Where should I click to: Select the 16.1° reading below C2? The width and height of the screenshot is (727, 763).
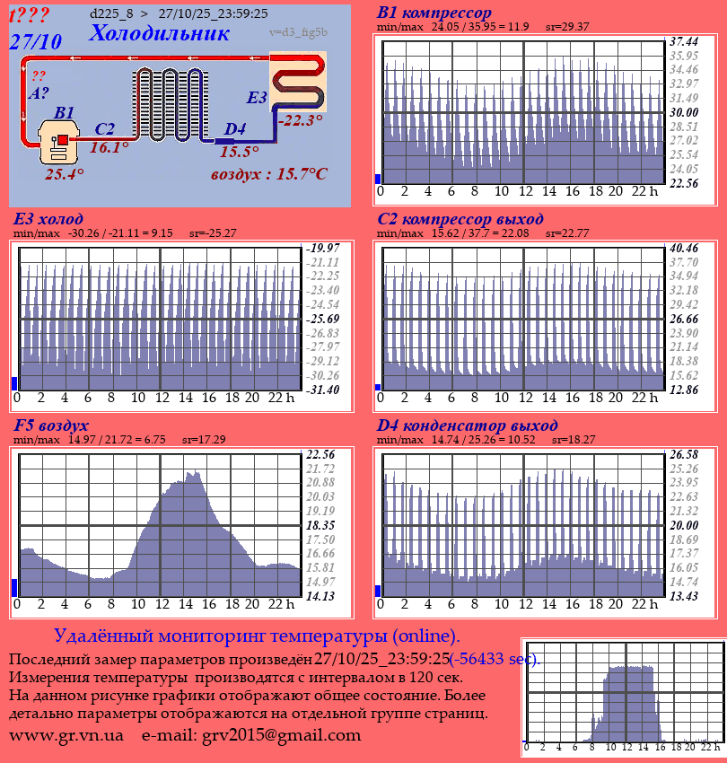pos(109,147)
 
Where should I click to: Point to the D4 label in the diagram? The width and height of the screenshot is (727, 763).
pos(234,129)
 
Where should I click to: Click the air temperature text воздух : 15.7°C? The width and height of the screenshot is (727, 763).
pos(269,173)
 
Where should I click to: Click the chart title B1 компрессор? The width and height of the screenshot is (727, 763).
pos(434,13)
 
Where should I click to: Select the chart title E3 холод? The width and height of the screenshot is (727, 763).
pos(48,219)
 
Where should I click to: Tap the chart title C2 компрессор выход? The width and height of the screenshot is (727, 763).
pos(460,219)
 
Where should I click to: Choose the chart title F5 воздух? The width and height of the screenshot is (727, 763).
pos(51,425)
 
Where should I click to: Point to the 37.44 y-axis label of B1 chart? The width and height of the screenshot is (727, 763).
pos(684,41)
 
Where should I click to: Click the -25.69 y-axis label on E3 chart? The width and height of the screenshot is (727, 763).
pos(324,319)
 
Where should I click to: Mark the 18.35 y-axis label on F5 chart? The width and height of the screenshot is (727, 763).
pos(320,524)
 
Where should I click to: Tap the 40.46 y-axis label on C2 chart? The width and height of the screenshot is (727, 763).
pos(684,248)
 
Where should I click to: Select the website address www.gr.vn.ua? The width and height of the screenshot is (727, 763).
pos(66,735)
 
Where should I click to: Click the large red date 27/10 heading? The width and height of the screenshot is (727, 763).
pos(35,41)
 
